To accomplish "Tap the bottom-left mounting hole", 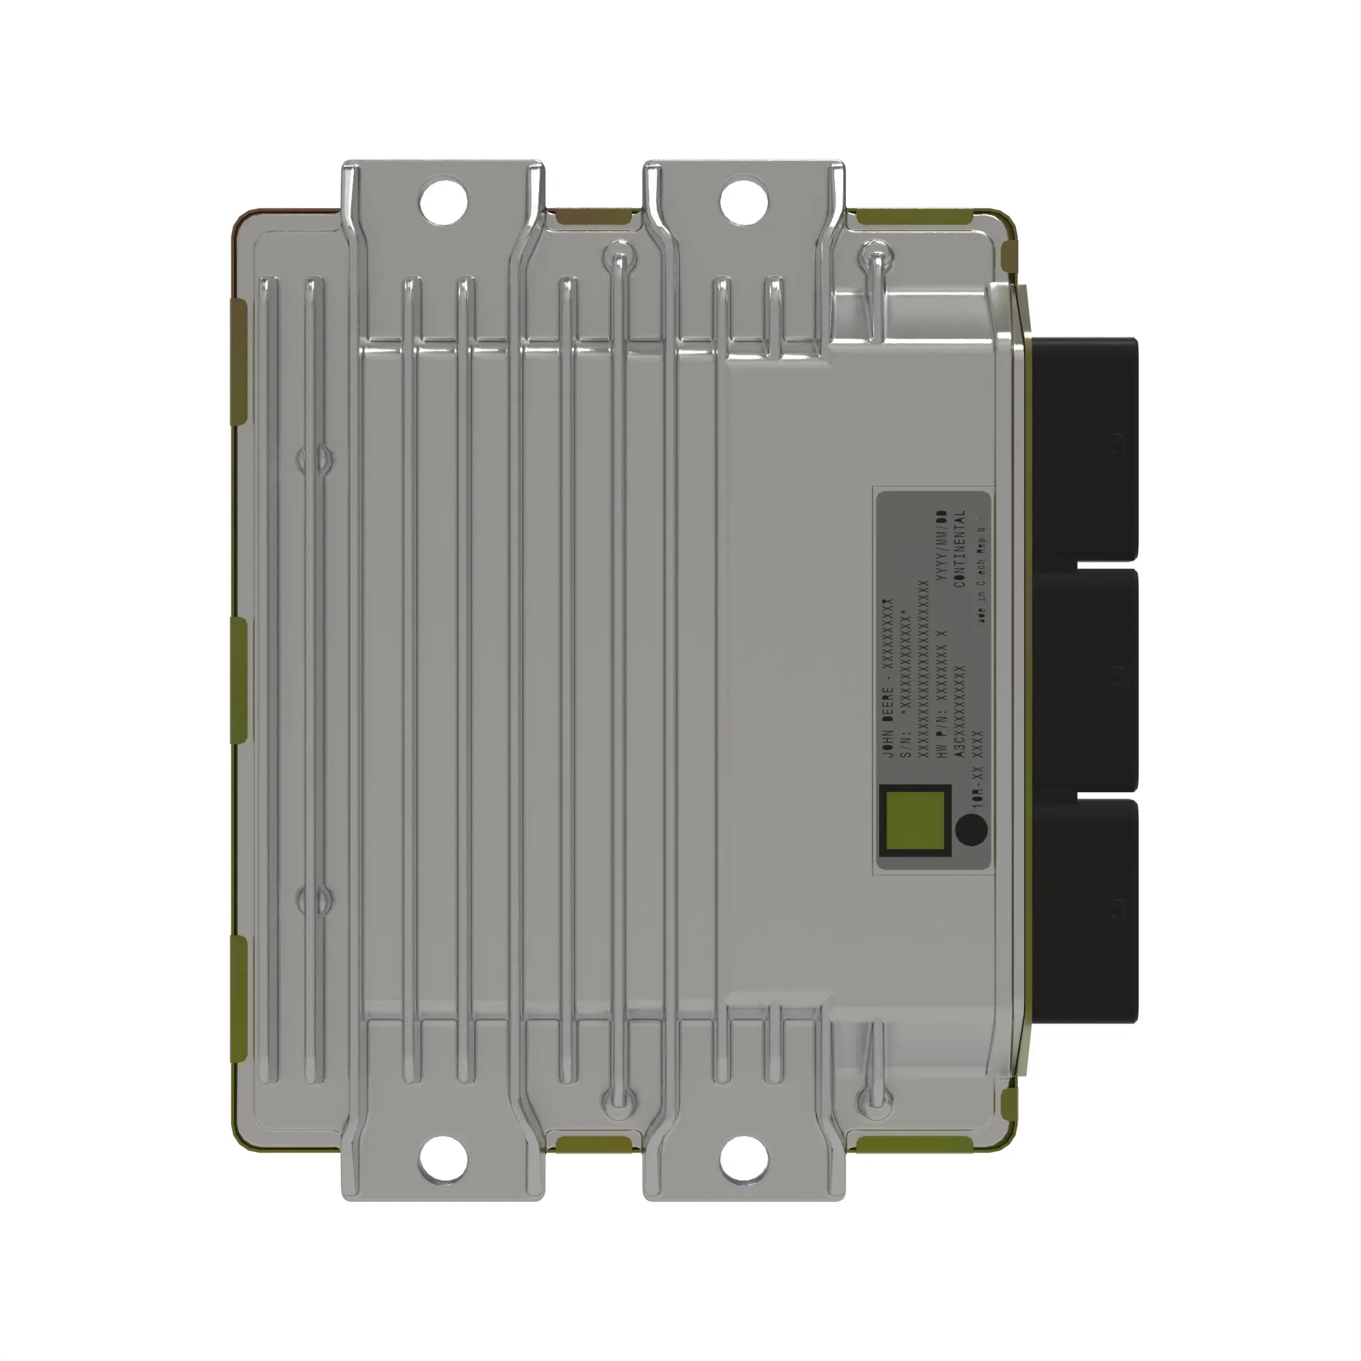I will [443, 1159].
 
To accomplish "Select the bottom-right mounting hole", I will [744, 1159].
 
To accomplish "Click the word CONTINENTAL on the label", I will [960, 548].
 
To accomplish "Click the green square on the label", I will [915, 821].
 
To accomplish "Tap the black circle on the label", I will [972, 829].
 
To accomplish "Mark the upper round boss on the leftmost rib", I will [314, 459].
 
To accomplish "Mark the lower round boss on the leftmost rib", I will [314, 900].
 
